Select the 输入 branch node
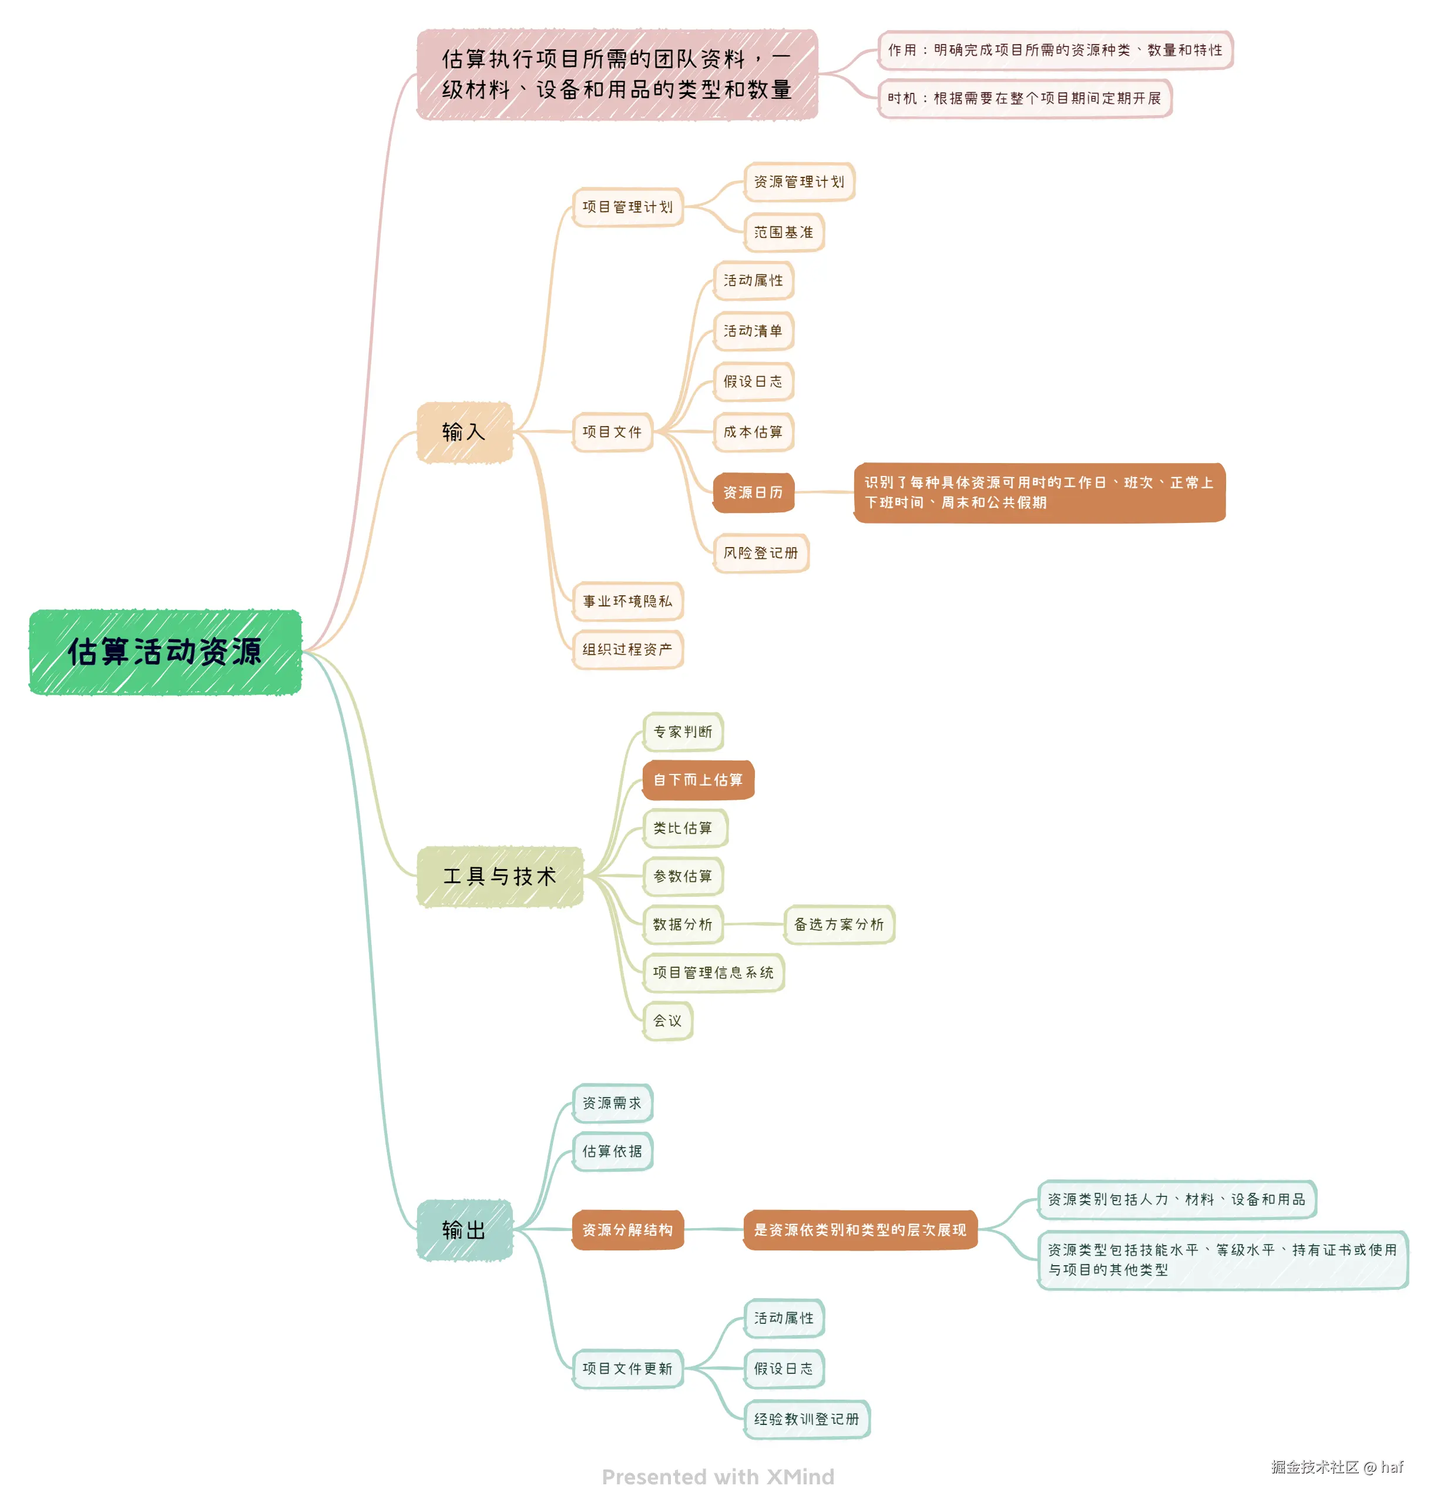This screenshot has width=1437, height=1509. (464, 432)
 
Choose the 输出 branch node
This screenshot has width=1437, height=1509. (464, 1230)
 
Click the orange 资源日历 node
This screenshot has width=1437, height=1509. (753, 492)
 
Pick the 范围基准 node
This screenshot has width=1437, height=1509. (784, 232)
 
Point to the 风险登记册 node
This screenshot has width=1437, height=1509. (761, 553)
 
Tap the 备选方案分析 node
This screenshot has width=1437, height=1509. (839, 924)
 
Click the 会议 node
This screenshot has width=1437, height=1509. (667, 1021)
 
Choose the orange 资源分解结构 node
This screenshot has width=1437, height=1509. (627, 1230)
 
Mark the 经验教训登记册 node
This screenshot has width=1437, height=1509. (807, 1419)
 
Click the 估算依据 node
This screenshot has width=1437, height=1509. (612, 1151)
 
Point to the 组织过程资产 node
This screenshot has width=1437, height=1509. (627, 649)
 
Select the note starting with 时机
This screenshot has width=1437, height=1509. (1024, 98)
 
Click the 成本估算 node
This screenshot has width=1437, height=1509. (753, 432)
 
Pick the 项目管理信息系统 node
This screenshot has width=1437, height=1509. (713, 973)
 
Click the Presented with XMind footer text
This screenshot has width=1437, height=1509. (718, 1477)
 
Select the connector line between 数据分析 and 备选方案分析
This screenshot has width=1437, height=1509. (754, 924)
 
